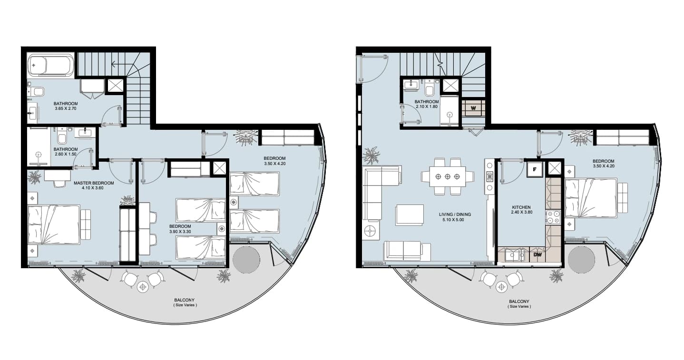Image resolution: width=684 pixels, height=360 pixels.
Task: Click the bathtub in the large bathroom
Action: pyautogui.click(x=51, y=65)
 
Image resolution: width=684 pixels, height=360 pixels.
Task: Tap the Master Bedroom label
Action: pyautogui.click(x=94, y=183)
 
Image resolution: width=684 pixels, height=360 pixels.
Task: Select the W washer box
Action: pyautogui.click(x=473, y=108)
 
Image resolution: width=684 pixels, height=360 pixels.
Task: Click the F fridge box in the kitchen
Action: pyautogui.click(x=534, y=170)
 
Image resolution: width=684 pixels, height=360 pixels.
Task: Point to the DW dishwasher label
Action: pyautogui.click(x=537, y=254)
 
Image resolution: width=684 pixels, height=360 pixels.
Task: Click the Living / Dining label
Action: pyautogui.click(x=455, y=214)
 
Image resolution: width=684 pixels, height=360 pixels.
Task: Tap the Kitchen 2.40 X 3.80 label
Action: pyautogui.click(x=521, y=209)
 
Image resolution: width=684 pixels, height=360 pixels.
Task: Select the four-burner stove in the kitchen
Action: pyautogui.click(x=553, y=217)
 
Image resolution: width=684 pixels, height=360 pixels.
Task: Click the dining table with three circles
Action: pyautogui.click(x=447, y=176)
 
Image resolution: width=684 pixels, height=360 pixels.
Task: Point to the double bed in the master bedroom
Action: pyautogui.click(x=54, y=224)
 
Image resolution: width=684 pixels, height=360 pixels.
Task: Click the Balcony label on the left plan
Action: pyautogui.click(x=185, y=300)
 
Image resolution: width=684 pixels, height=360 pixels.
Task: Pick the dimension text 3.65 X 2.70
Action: pyautogui.click(x=66, y=108)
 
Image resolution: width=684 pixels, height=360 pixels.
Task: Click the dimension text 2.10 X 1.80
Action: pyautogui.click(x=427, y=107)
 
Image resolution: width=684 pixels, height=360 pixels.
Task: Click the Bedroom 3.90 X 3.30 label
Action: pyautogui.click(x=180, y=229)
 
